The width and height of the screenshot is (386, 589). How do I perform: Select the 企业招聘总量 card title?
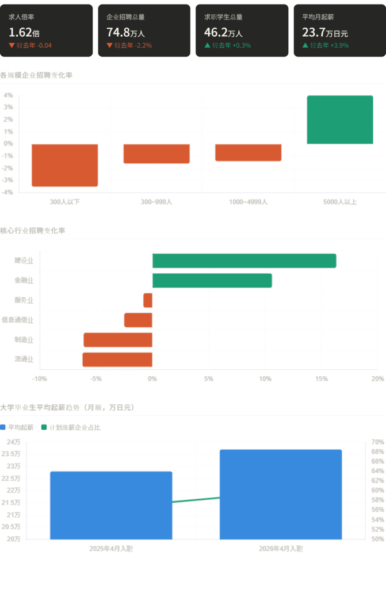[x=125, y=17]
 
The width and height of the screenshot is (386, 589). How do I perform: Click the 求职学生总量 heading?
[x=223, y=17]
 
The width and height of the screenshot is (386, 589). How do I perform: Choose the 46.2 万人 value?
[x=224, y=33]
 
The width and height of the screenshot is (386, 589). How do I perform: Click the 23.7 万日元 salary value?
[x=325, y=33]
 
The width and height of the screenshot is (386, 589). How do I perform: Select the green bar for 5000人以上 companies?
[x=340, y=120]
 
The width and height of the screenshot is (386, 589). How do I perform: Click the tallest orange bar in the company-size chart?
[x=64, y=165]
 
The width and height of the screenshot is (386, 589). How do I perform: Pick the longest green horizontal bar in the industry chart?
[x=244, y=261]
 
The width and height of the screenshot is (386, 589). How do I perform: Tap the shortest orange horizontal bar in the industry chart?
[x=148, y=300]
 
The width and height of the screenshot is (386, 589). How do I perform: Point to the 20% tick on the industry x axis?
[x=377, y=379]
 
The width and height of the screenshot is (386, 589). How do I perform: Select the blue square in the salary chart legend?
[x=3, y=427]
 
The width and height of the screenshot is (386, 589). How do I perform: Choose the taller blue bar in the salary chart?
[x=281, y=495]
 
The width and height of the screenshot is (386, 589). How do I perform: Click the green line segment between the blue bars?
[x=196, y=500]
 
